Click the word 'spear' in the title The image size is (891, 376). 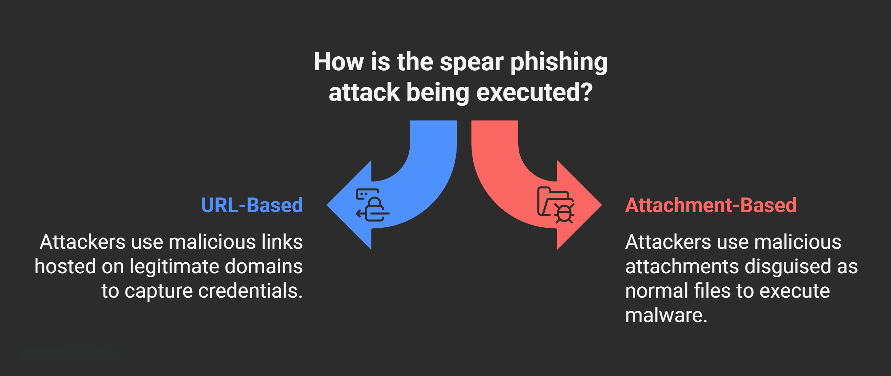471,63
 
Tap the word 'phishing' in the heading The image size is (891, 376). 559,63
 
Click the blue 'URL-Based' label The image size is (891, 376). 252,205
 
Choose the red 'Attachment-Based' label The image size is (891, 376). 711,205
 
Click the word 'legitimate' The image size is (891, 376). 174,266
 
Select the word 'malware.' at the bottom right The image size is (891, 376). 666,315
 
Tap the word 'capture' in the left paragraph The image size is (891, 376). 158,292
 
